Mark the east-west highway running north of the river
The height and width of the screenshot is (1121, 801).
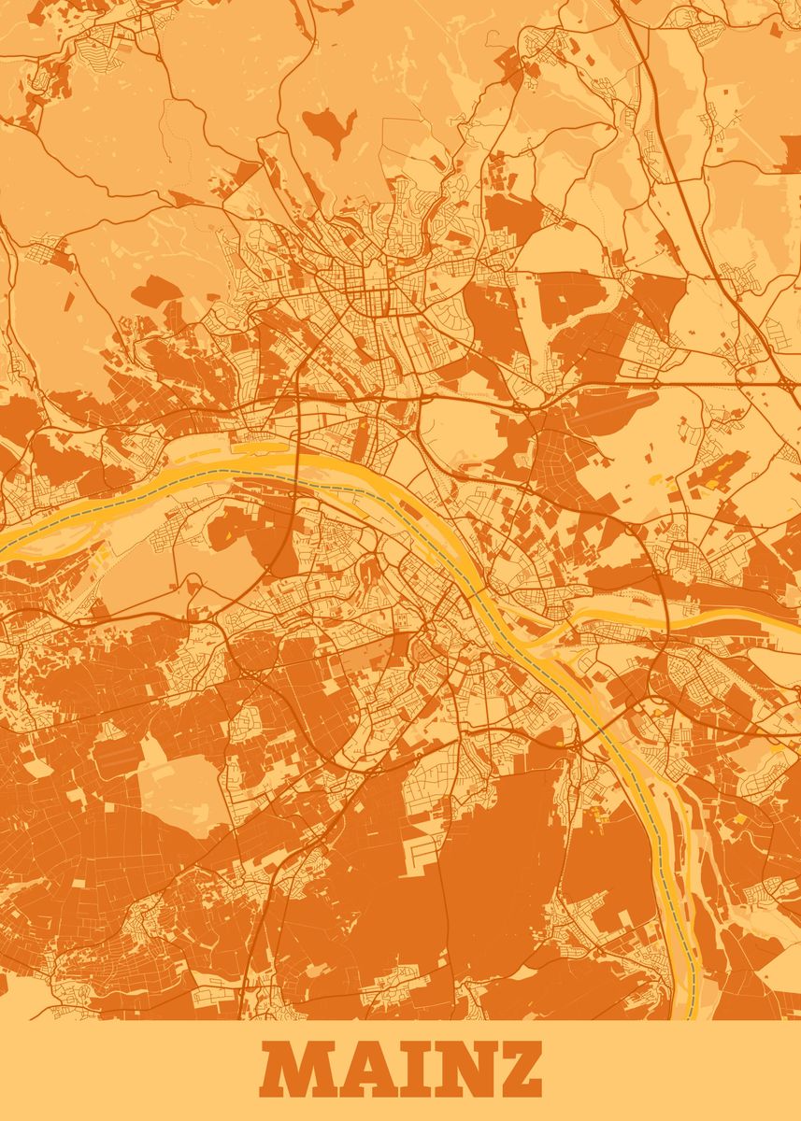pyautogui.click(x=467, y=397)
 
